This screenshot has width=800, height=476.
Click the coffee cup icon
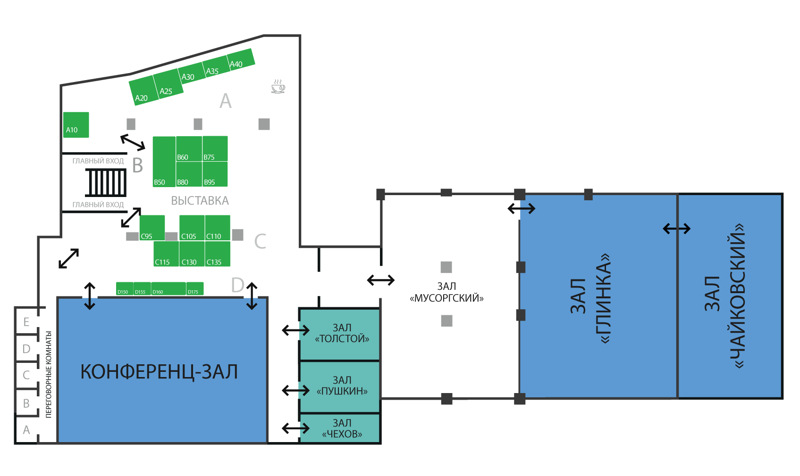278,86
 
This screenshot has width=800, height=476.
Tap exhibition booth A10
76,125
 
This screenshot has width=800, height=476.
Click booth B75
215,148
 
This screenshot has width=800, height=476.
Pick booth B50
164,162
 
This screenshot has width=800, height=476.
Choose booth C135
218,254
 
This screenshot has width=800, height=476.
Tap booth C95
152,228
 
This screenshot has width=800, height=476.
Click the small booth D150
125,289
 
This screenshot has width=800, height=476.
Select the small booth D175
195,289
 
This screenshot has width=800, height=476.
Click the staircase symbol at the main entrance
106,182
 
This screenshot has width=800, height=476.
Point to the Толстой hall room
340,334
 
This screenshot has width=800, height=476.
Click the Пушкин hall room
340,386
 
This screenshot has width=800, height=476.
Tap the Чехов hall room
340,428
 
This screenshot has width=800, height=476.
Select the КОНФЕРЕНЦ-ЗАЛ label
159,372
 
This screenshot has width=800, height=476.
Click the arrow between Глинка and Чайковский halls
676,229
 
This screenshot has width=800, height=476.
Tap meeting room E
26,322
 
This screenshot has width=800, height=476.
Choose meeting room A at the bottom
26,430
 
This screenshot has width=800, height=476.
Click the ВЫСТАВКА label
200,201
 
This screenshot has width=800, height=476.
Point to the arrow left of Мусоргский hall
380,280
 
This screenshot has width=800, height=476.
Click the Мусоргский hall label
446,292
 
